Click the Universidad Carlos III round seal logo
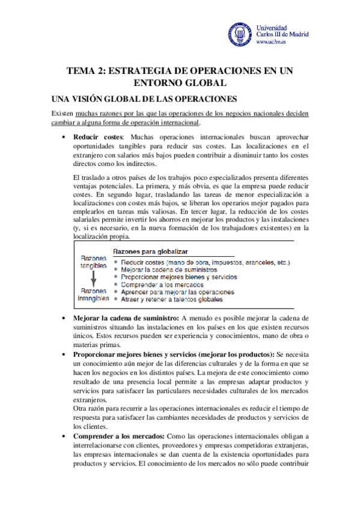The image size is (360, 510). point(240,36)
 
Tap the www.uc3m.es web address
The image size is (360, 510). point(272,43)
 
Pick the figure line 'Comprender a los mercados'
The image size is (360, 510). point(162,284)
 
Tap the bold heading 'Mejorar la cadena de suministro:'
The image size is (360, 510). point(126,318)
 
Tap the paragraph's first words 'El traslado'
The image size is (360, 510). point(87,177)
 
